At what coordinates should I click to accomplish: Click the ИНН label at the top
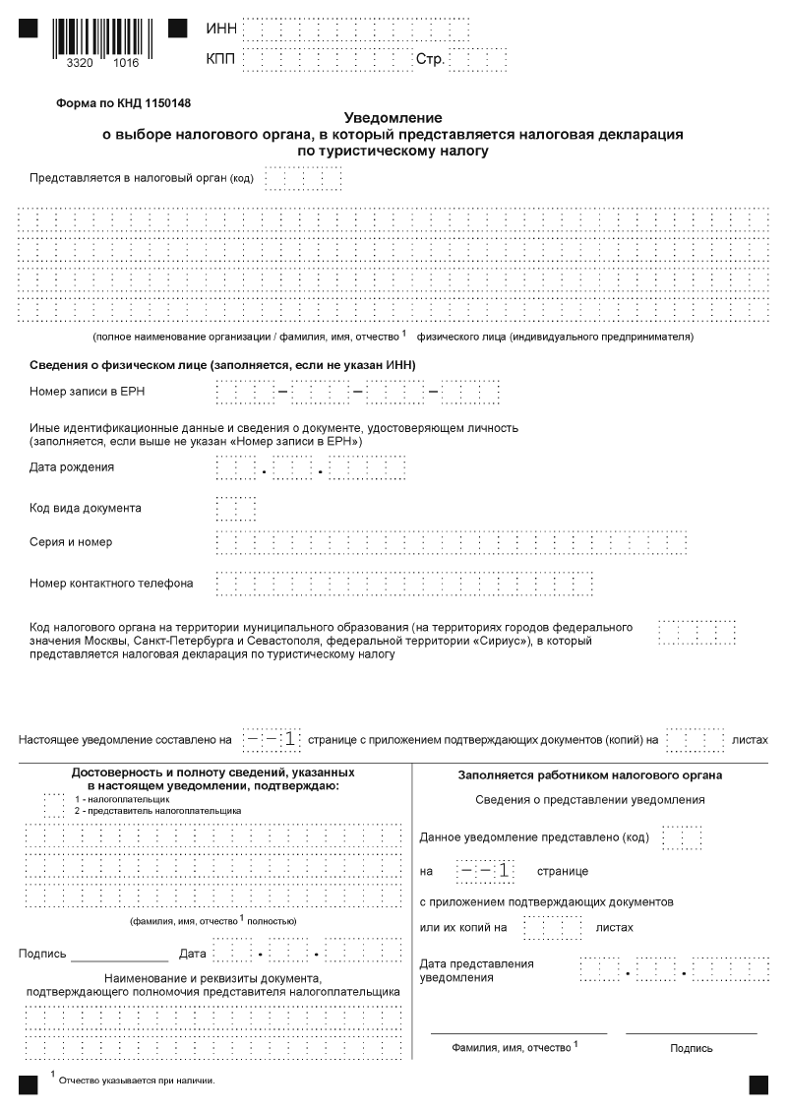[x=221, y=29]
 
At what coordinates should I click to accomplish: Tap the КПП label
[x=221, y=59]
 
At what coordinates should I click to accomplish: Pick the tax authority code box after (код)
[x=303, y=179]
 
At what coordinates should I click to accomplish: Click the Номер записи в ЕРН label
[x=89, y=392]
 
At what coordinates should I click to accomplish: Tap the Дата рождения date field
[x=310, y=467]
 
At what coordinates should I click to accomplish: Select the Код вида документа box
[x=235, y=508]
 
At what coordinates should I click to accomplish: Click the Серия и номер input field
[x=451, y=542]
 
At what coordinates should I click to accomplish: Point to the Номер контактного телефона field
[x=404, y=583]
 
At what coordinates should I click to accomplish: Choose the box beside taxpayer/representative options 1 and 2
[x=53, y=805]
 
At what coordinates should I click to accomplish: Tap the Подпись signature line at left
[x=119, y=954]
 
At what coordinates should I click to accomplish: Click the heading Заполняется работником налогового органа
[x=589, y=775]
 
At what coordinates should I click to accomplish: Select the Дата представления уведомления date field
[x=678, y=968]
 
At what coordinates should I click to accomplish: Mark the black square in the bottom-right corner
[x=758, y=1083]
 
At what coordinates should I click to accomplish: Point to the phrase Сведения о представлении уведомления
[x=589, y=799]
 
